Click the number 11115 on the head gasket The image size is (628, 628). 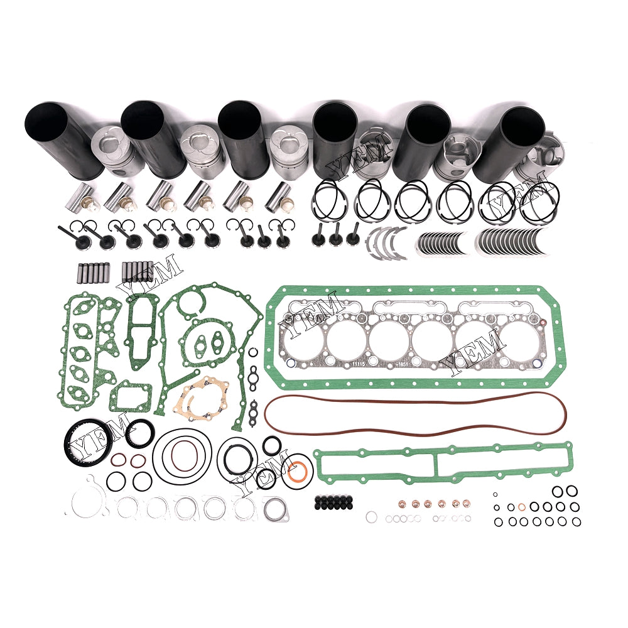pos(359,363)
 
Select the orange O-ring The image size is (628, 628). pos(300,468)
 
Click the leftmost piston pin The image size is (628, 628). pos(87,196)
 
